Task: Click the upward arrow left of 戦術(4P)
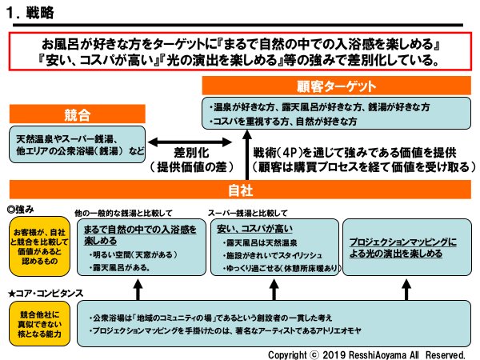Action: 245,157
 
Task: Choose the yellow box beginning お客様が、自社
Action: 34,244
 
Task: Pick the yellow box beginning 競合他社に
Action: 34,322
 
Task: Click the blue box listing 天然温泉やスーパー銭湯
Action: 77,145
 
